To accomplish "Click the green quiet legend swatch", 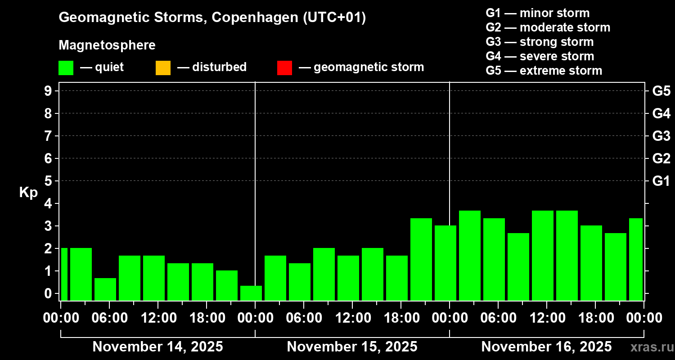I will click(x=66, y=67).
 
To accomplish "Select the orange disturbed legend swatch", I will click(x=163, y=67).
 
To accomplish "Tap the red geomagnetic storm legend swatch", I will click(x=284, y=67).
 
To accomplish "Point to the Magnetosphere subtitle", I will click(x=107, y=45).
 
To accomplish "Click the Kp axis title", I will click(x=28, y=192).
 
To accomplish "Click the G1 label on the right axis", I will click(x=661, y=181).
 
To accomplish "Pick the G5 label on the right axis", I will click(x=661, y=91).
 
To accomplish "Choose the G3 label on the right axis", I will click(x=661, y=136).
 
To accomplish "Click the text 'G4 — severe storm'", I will click(x=540, y=56).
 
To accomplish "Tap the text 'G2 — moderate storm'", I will click(x=548, y=27).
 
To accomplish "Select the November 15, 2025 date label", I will click(x=352, y=346).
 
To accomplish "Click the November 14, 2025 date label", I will click(x=157, y=346).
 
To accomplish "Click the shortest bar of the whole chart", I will click(x=251, y=293).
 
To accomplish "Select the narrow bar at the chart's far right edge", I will click(x=635, y=259).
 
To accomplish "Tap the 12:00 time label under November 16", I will click(x=546, y=318).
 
